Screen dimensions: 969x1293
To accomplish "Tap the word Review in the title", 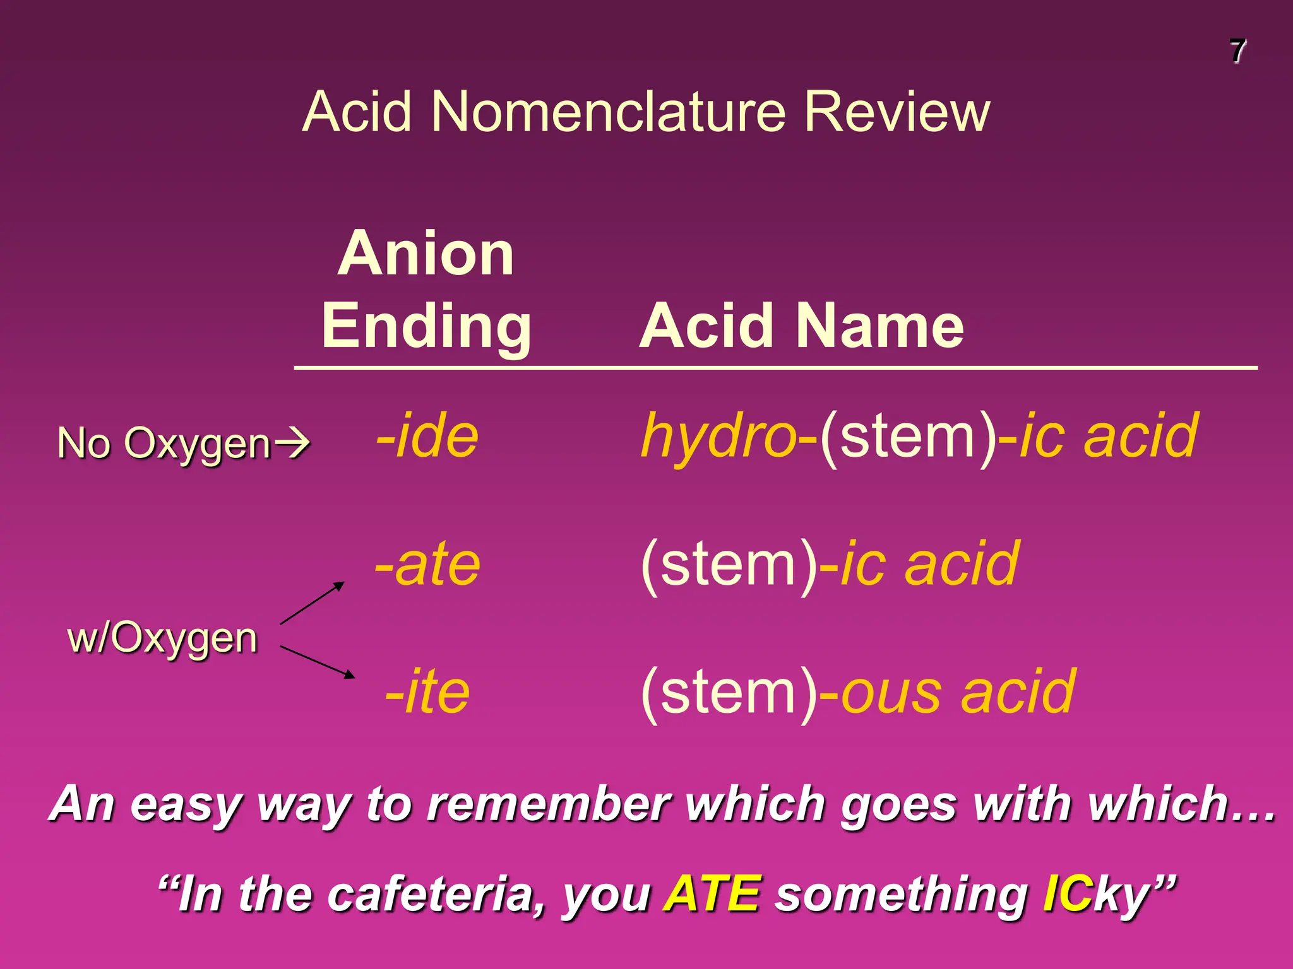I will [897, 112].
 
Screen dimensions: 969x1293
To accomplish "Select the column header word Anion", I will [426, 254].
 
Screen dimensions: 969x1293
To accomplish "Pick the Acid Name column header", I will [801, 326].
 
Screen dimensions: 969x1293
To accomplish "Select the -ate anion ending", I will [427, 564].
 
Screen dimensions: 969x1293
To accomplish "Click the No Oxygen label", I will [164, 443].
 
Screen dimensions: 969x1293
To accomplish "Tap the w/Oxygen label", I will [163, 638].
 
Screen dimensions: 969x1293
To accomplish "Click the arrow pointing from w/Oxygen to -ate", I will [313, 602].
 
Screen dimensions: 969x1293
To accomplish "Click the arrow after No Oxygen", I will [293, 443].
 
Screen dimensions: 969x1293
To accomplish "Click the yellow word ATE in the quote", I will [712, 894].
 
